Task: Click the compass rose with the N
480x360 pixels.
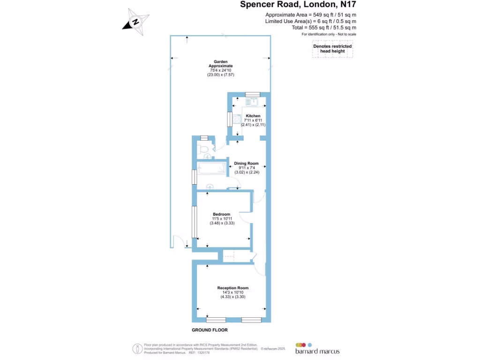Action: click(136, 22)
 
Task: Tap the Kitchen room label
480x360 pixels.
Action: click(253, 116)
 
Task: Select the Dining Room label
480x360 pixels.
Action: click(247, 164)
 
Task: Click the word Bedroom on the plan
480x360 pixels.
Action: click(222, 214)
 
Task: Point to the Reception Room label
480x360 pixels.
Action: click(232, 288)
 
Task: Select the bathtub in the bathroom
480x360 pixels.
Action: click(211, 167)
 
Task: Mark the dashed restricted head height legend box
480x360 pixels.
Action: click(332, 49)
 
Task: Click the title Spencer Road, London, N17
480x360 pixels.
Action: click(301, 5)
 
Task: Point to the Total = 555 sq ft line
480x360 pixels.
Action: click(324, 28)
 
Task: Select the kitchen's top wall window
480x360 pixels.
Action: click(252, 94)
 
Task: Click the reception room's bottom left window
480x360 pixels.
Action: click(216, 320)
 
